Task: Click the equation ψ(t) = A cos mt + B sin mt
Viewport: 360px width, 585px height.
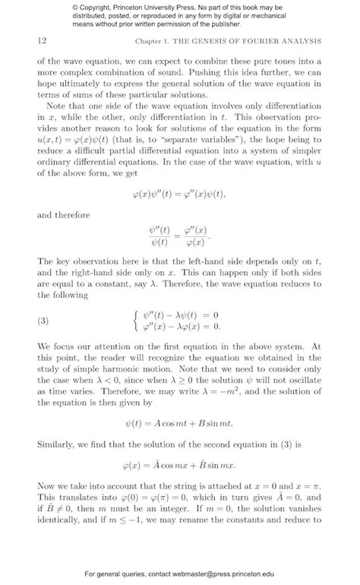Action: coord(179,423)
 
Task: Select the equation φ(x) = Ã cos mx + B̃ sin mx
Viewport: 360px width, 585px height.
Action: coord(179,463)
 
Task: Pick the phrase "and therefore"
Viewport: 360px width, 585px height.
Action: coord(62,215)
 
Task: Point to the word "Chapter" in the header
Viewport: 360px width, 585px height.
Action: coord(150,40)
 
